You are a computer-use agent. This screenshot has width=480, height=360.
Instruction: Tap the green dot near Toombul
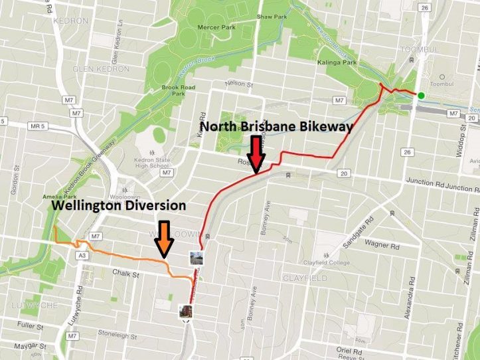(x=421, y=95)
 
